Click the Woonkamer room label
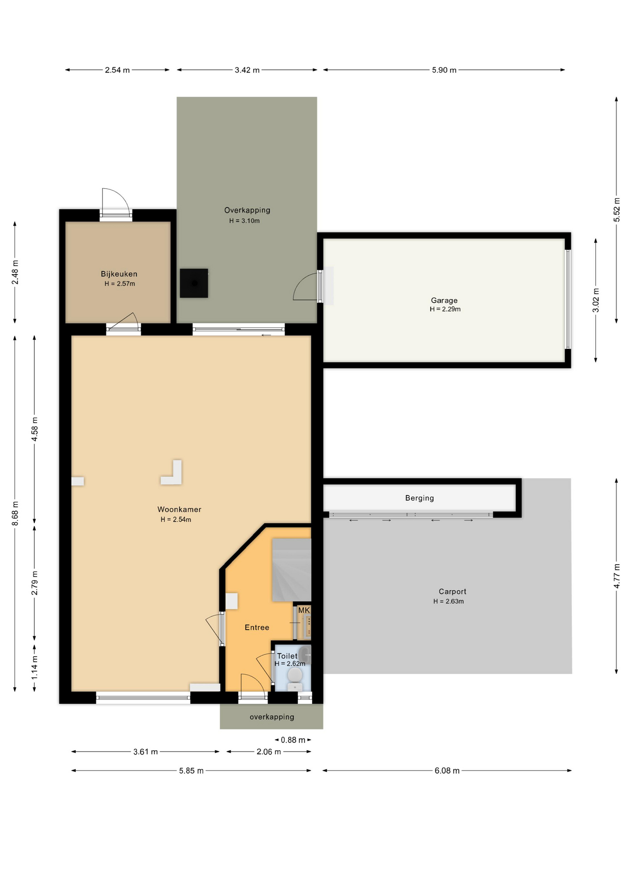tap(179, 509)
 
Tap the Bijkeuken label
tap(119, 274)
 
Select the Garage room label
tap(444, 300)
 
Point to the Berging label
tap(420, 498)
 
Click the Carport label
tap(453, 592)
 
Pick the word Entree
tap(257, 627)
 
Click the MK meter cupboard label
tap(304, 610)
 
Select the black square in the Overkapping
tap(194, 283)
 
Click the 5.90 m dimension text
tap(444, 70)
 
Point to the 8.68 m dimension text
tap(15, 513)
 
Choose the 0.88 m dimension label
tap(293, 740)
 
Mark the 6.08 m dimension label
tap(447, 771)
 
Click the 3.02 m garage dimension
tap(596, 300)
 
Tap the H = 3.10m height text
tap(244, 221)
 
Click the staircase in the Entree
tap(291, 570)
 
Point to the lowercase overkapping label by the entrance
tap(272, 717)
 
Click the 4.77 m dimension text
tap(617, 576)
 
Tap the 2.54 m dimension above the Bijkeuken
tap(117, 70)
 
